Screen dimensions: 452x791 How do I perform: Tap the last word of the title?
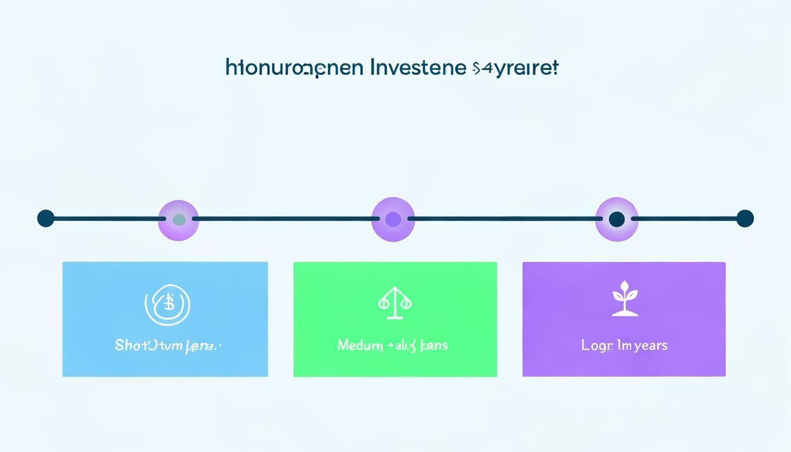tap(515, 68)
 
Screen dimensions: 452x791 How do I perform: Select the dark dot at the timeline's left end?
tap(45, 218)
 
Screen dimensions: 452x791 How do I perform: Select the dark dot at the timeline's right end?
tap(745, 218)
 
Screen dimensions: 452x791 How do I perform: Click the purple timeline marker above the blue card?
tap(178, 220)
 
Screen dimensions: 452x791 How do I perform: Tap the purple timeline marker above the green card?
tap(393, 220)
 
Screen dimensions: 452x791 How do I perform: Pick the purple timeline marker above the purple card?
tap(617, 220)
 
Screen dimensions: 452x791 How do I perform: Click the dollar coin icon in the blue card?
tap(168, 305)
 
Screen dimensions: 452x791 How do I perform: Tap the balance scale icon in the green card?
tap(394, 303)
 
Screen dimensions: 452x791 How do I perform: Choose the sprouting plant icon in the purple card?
tap(624, 298)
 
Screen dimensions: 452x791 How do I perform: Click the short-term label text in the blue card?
tap(168, 345)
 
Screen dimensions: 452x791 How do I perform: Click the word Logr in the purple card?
tap(597, 345)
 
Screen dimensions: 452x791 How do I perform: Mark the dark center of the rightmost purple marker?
tap(617, 220)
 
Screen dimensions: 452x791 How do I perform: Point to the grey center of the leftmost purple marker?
tap(179, 220)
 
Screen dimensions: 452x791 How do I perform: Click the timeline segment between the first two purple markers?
tap(285, 219)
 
